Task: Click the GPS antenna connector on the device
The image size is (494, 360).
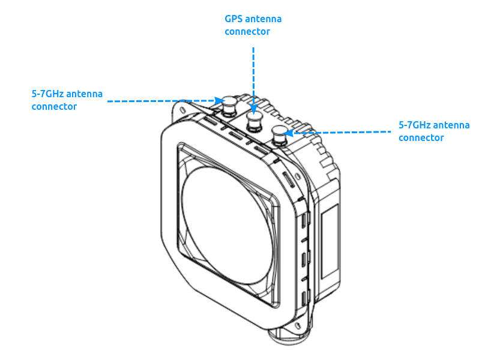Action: [255, 122]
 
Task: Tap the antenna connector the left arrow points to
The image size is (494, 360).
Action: [229, 106]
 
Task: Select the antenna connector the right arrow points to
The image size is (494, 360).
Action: [280, 136]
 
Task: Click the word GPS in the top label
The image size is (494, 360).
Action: [233, 19]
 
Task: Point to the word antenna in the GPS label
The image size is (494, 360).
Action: [264, 19]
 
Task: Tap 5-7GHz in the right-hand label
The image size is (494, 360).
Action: [415, 125]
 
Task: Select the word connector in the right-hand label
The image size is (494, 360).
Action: [421, 137]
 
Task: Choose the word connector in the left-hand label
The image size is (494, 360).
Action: [54, 106]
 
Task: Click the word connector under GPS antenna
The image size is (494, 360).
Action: [247, 31]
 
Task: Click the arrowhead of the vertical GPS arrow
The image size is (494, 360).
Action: [254, 109]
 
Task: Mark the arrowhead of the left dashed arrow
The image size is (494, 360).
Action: [220, 101]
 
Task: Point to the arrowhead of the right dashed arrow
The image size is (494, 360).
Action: [289, 133]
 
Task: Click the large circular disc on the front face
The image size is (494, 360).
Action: [227, 224]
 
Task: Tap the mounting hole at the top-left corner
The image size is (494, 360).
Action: [182, 110]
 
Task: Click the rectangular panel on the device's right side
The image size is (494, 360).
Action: [330, 241]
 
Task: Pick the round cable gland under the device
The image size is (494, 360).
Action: [290, 336]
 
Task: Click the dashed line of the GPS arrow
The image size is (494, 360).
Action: [254, 76]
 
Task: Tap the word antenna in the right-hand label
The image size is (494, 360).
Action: [451, 125]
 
